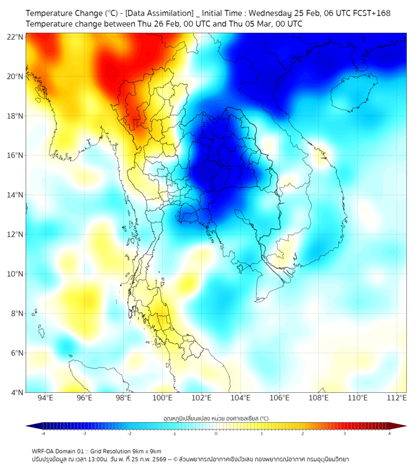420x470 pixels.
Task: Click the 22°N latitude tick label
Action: [x=16, y=37]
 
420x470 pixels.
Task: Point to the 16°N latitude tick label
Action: [x=16, y=155]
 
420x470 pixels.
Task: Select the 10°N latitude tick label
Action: [x=16, y=274]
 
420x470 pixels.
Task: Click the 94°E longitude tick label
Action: [x=45, y=398]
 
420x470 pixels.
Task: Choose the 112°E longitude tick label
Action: [x=396, y=398]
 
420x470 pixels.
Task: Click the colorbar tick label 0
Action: [x=216, y=433]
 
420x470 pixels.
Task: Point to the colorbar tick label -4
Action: [x=42, y=433]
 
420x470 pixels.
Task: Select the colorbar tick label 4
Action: [x=390, y=433]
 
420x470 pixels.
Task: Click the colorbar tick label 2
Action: [x=303, y=433]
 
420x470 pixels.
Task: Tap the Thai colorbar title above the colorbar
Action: [x=216, y=418]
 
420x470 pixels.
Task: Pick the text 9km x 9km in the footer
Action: [x=145, y=451]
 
